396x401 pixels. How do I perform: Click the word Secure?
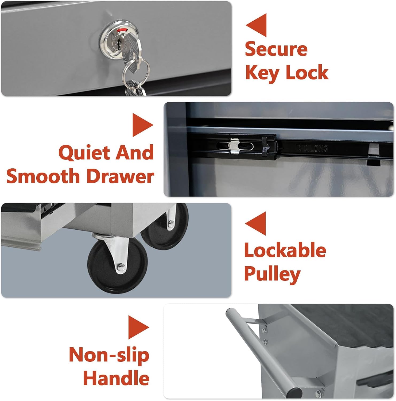click(x=276, y=49)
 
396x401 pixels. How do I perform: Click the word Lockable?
click(x=285, y=250)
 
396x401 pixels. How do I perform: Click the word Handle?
click(x=116, y=378)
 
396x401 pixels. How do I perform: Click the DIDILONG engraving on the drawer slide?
click(x=312, y=148)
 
